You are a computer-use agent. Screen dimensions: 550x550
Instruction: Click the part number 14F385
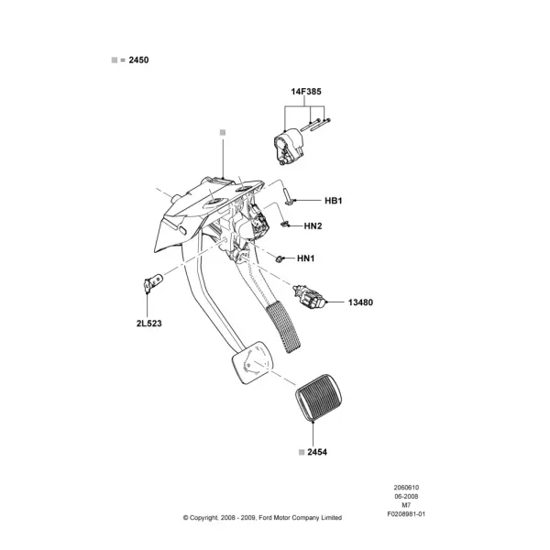[x=306, y=92]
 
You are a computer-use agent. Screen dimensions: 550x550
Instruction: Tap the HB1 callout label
[x=334, y=201]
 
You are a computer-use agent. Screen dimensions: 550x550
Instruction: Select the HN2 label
[x=313, y=225]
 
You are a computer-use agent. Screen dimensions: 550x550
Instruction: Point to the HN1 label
[x=306, y=258]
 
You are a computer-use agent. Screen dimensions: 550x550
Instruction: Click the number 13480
[x=360, y=302]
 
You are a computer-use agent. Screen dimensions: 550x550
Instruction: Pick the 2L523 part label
[x=149, y=324]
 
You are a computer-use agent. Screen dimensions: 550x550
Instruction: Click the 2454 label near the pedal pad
[x=317, y=452]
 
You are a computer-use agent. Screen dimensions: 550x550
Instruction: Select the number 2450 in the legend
[x=138, y=60]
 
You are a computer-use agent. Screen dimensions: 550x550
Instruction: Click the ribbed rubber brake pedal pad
[x=319, y=398]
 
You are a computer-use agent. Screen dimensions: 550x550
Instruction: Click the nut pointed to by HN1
[x=280, y=259]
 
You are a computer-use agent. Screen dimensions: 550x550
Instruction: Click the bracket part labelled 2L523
[x=153, y=282]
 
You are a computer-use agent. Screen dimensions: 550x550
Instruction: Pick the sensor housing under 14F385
[x=288, y=147]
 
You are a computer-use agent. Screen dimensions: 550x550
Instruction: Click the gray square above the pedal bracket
[x=223, y=132]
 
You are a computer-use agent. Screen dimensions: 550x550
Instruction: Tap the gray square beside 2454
[x=302, y=453]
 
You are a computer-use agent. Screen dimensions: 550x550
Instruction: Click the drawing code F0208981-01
[x=406, y=514]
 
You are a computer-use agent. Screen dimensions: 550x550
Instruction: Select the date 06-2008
[x=406, y=496]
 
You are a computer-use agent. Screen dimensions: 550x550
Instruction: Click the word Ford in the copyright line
[x=265, y=517]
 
